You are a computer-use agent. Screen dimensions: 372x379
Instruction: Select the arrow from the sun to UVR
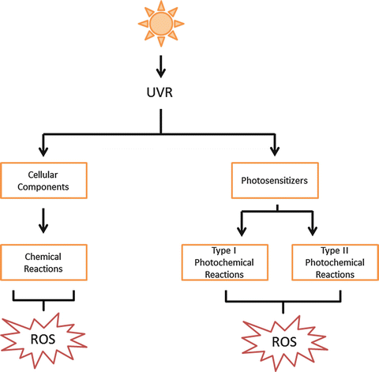point(161,65)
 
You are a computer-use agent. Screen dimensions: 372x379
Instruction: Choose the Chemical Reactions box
point(43,263)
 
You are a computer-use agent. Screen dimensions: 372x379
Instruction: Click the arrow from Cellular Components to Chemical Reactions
point(43,218)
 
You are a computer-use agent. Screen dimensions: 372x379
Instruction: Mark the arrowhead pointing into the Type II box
point(312,231)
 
